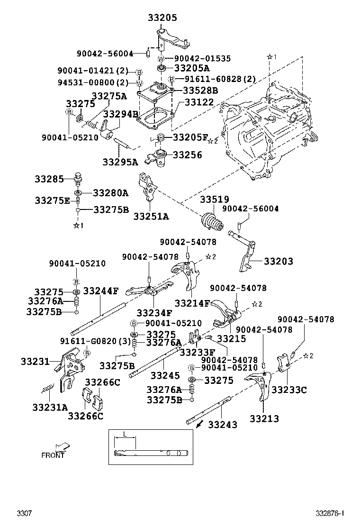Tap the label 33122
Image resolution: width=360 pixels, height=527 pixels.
[x=199, y=102]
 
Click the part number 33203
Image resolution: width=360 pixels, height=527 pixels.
[x=278, y=261]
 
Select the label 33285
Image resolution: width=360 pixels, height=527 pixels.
[x=48, y=180]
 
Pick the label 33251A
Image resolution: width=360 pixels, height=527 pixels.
[x=151, y=217]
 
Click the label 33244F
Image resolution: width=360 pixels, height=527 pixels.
[x=101, y=291]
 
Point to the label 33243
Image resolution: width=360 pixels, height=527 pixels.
[x=223, y=425]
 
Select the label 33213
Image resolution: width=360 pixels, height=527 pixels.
[x=264, y=418]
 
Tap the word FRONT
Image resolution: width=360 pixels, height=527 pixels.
[x=53, y=455]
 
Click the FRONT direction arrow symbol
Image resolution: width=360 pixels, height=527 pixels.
[x=62, y=446]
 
